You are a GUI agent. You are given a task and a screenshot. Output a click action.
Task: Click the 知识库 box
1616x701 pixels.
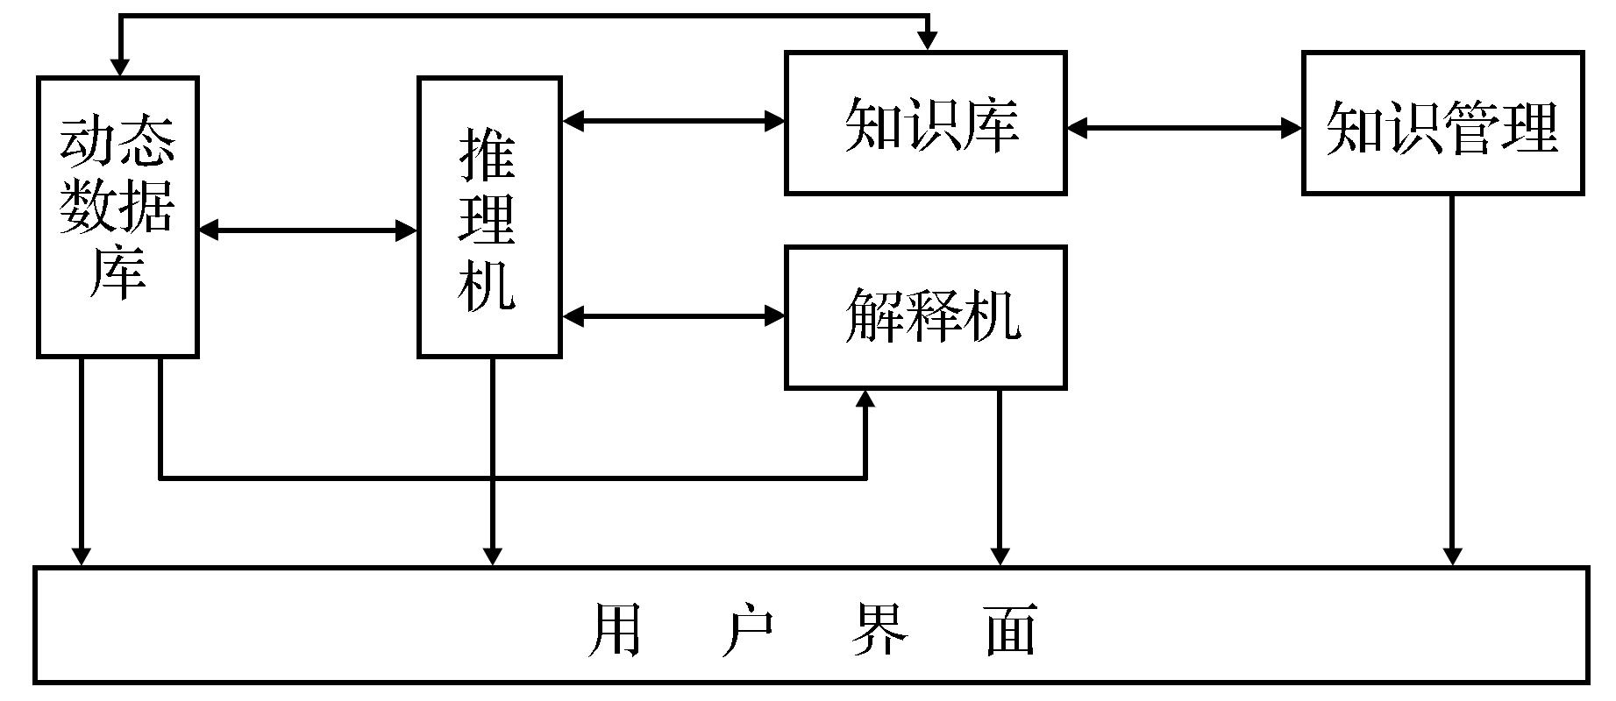(925, 123)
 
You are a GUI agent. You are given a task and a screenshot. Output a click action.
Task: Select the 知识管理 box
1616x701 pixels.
(1442, 123)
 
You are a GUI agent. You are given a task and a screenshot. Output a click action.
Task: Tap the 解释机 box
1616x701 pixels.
(925, 317)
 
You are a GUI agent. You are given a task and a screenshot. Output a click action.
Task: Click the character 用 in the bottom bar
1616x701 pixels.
(614, 629)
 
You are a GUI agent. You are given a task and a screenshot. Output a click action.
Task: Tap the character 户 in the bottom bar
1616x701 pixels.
(747, 629)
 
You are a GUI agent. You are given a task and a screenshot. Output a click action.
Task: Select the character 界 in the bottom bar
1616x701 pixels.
(879, 629)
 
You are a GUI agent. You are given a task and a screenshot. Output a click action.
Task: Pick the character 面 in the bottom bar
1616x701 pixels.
(1011, 629)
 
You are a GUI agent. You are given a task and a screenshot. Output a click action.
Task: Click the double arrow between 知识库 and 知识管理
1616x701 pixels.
(1184, 128)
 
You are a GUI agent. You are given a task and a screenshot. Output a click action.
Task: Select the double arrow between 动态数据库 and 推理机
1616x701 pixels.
(308, 230)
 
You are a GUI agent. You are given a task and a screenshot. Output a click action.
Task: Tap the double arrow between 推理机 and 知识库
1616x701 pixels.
(673, 121)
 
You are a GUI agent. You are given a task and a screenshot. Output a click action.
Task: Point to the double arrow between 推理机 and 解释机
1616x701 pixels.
(673, 315)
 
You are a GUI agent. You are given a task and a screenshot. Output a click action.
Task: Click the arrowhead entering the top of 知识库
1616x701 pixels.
(928, 41)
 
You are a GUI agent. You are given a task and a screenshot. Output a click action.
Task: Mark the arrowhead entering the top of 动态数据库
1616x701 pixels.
(120, 67)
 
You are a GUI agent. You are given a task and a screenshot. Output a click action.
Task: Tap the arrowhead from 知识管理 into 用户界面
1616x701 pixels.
(1452, 556)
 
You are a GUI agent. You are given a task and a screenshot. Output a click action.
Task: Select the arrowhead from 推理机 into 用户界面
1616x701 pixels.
(492, 556)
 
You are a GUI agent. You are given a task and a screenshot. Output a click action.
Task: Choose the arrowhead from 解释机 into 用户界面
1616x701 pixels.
(1000, 556)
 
